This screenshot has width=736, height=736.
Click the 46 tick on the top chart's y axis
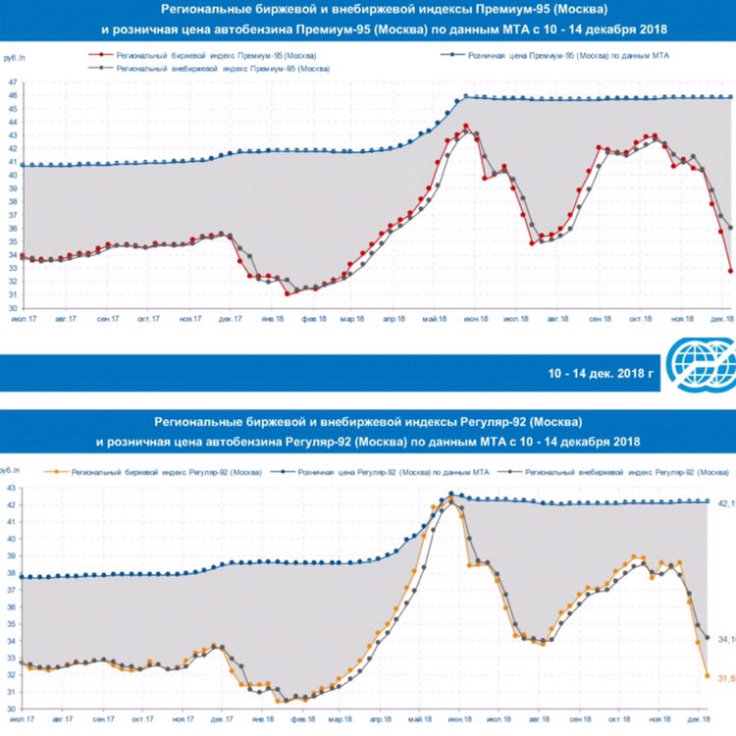tap(11, 96)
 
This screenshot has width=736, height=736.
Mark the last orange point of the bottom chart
tap(707, 675)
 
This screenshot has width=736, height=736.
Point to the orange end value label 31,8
tap(726, 678)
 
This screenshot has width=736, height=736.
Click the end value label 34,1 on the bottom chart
tap(726, 640)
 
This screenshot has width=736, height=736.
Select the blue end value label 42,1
tap(726, 503)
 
